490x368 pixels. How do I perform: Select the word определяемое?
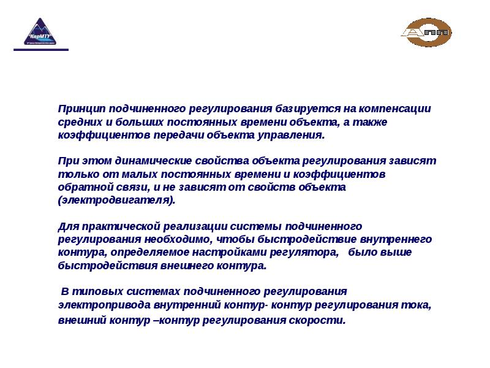(x=149, y=253)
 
